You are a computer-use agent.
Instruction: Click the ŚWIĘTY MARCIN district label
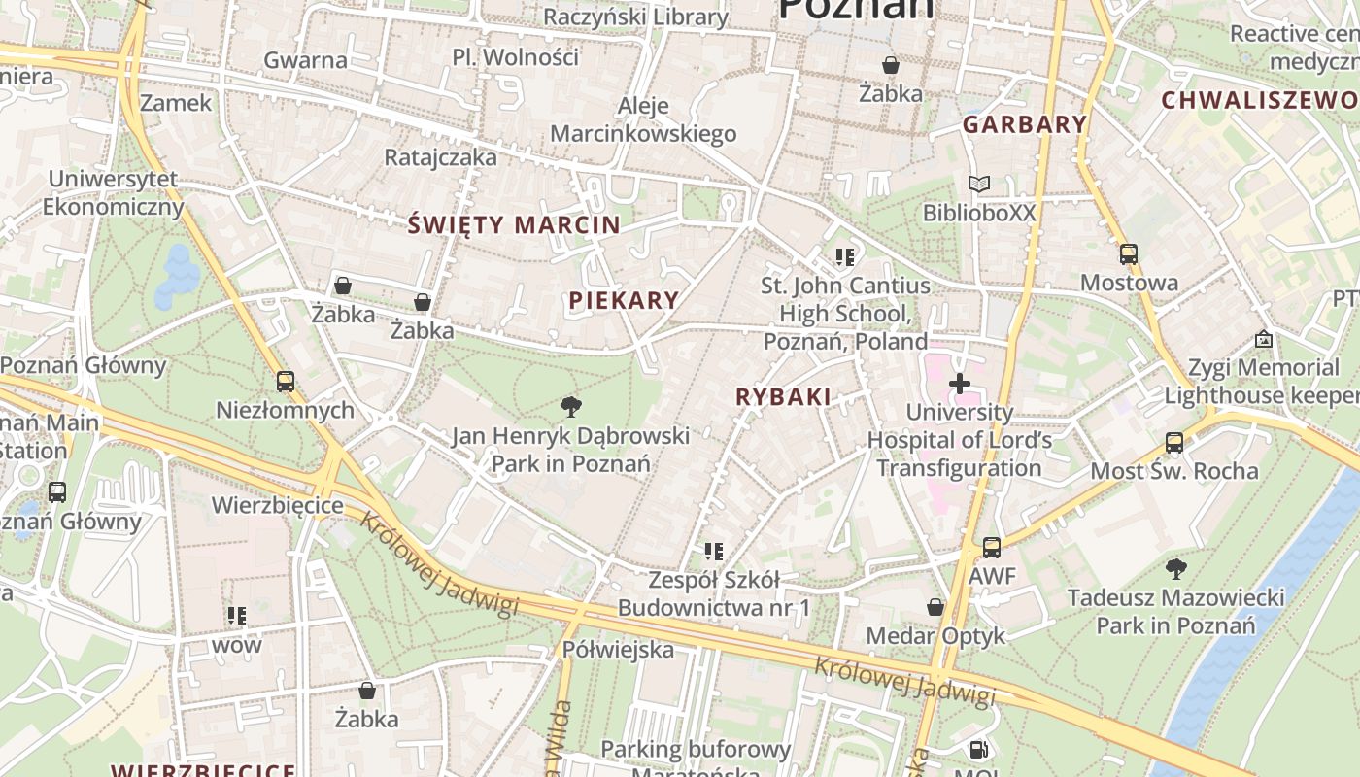click(513, 225)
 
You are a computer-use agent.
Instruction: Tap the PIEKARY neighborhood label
click(624, 300)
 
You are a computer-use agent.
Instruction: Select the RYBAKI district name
click(783, 396)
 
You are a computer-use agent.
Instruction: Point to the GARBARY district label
click(1025, 124)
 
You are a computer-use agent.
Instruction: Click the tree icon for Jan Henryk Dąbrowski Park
click(571, 406)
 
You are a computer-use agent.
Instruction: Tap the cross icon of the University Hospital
click(960, 384)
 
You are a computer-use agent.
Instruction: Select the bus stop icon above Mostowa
click(1129, 254)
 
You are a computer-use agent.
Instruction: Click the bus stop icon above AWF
click(991, 548)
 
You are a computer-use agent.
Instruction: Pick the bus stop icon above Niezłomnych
click(285, 382)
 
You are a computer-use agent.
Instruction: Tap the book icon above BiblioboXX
click(979, 184)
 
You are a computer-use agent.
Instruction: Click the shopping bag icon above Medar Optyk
click(935, 607)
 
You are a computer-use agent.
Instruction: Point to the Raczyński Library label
click(635, 17)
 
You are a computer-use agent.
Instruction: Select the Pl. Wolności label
click(516, 56)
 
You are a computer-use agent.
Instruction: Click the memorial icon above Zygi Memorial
click(1264, 339)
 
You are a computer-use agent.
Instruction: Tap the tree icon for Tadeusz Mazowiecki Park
click(1175, 568)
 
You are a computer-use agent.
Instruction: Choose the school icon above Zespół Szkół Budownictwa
click(714, 552)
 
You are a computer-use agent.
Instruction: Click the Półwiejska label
click(618, 649)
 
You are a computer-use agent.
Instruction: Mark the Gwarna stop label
click(305, 59)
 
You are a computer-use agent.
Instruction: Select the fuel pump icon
click(979, 750)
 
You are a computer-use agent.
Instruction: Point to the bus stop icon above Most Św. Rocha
click(1173, 443)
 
